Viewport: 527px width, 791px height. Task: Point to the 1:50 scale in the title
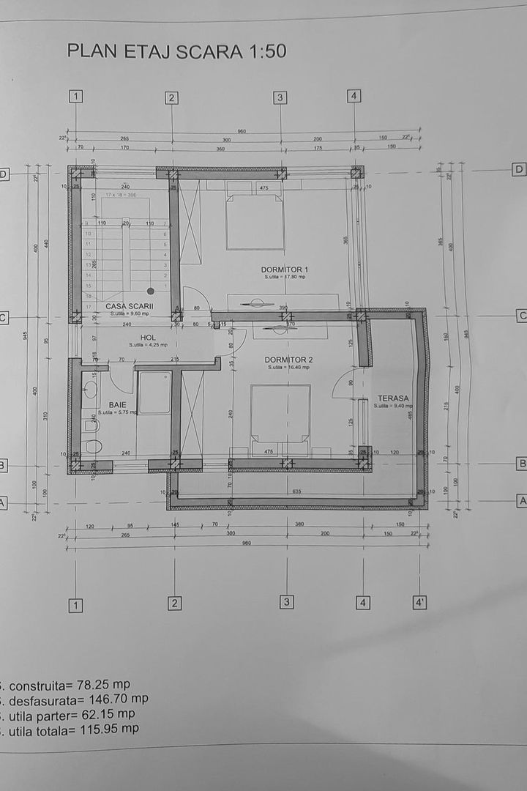click(x=261, y=51)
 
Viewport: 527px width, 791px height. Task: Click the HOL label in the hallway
click(x=149, y=338)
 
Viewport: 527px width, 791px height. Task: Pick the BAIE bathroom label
click(x=117, y=404)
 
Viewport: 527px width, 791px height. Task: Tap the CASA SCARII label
click(x=129, y=306)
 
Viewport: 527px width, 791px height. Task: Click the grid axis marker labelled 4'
click(x=420, y=603)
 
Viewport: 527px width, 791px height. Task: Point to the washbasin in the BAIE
click(x=91, y=388)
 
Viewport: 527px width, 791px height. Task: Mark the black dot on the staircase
click(x=150, y=291)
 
